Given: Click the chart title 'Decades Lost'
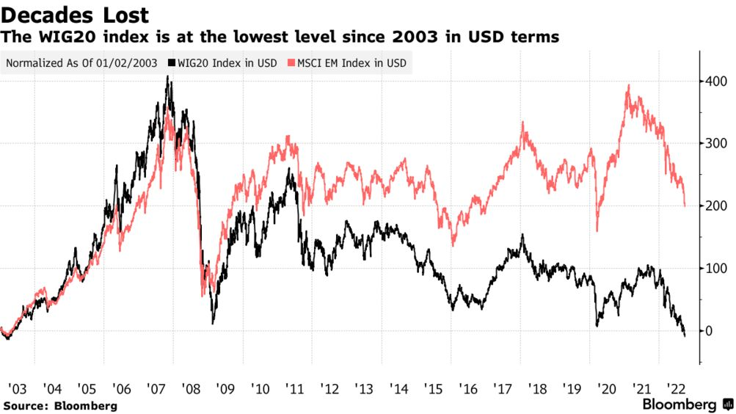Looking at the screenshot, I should [x=76, y=15].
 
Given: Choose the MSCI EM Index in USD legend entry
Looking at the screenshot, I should [x=351, y=63].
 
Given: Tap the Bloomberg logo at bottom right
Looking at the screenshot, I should [x=687, y=404].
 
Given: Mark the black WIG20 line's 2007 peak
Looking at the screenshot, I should [x=170, y=76].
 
